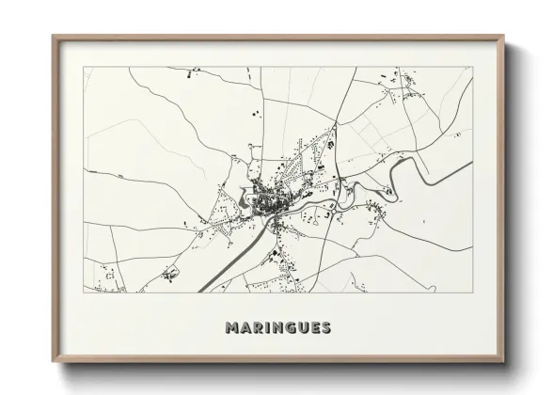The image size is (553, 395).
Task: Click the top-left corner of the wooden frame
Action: (53, 37)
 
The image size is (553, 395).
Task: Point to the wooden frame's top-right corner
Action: (503, 37)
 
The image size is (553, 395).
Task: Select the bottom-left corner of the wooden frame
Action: (53, 362)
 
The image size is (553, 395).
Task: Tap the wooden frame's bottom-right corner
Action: (503, 362)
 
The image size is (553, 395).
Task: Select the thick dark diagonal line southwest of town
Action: (226, 264)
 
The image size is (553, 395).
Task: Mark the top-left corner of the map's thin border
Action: (84, 67)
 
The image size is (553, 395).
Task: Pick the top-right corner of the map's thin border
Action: (472, 67)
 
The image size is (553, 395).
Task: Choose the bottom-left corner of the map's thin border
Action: (84, 292)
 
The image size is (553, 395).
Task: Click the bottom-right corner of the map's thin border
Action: (472, 292)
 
